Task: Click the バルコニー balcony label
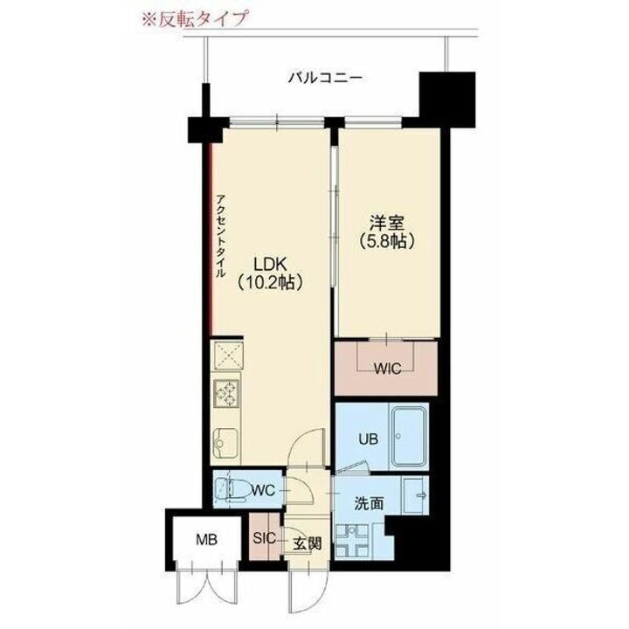326,79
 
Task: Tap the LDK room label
270,262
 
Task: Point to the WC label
264,490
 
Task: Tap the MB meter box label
206,539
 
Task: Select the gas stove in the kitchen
229,395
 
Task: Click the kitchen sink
226,446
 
